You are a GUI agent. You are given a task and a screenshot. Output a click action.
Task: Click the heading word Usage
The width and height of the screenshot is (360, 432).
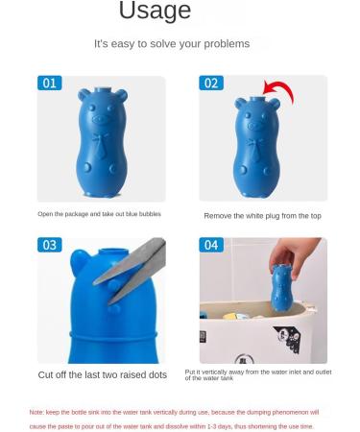click(x=155, y=12)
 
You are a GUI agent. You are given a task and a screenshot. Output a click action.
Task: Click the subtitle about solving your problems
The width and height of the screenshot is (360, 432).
click(x=171, y=44)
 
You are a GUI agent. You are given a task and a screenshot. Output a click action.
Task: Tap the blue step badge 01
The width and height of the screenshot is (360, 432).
click(x=50, y=84)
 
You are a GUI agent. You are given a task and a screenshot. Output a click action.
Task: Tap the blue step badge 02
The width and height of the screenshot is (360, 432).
click(x=211, y=84)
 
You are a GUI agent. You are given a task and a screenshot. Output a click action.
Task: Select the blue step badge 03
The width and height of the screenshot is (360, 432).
click(x=50, y=246)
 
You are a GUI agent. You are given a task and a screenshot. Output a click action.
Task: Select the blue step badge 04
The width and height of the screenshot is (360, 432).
click(x=211, y=246)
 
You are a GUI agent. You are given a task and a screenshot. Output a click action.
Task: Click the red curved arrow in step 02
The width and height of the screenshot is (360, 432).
click(x=278, y=95)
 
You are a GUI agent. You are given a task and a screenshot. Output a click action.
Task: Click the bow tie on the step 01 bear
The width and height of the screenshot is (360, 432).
click(x=100, y=149)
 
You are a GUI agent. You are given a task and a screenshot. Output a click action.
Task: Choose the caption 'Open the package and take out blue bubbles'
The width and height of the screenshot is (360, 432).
click(x=100, y=214)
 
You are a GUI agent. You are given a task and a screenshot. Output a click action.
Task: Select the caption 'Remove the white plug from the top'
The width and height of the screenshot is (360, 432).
click(x=261, y=216)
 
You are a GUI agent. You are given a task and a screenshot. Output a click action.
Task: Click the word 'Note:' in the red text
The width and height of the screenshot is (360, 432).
click(x=36, y=412)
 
